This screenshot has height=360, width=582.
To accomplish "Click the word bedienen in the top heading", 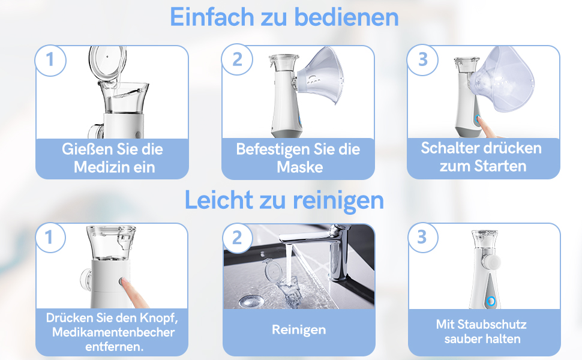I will (355, 17).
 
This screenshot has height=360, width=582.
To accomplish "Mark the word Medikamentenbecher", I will (113, 332).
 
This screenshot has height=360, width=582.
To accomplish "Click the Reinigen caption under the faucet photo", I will (299, 329).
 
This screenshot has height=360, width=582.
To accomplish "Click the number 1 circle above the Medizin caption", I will (50, 59).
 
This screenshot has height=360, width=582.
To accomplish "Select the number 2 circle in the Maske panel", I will (237, 59).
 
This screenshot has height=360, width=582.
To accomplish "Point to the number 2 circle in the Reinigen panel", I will (237, 238).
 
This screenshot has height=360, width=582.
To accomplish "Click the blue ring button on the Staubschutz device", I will (490, 301).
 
